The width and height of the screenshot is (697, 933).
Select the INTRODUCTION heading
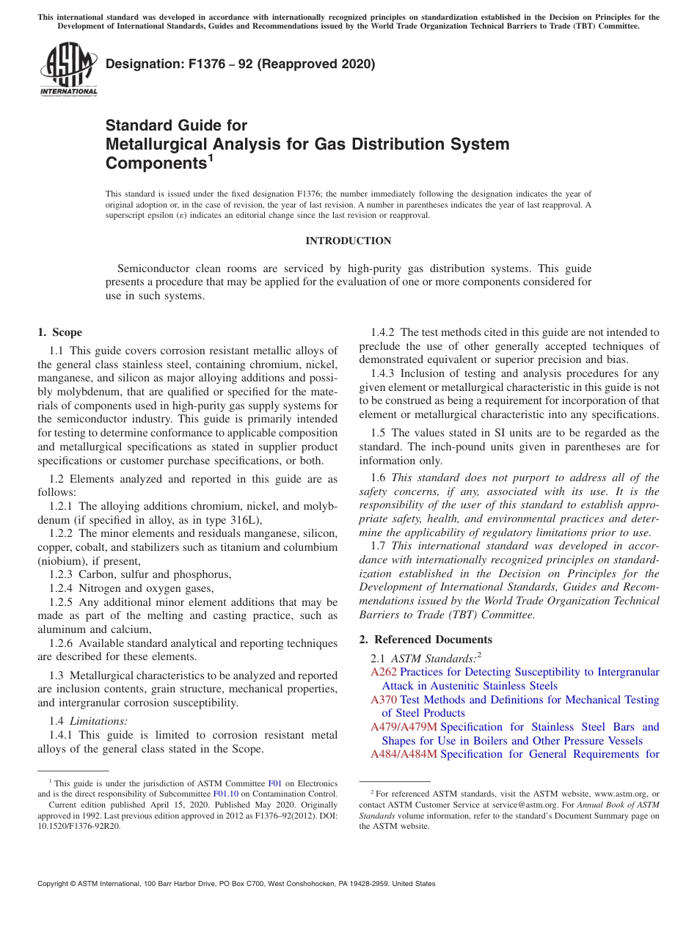348,241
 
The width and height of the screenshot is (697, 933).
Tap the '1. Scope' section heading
60,332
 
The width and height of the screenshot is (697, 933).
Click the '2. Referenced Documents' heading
426,639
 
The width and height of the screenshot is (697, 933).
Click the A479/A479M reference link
404,727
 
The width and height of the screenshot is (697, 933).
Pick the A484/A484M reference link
404,754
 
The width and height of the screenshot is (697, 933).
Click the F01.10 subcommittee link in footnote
225,793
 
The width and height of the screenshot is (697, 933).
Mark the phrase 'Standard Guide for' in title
176,125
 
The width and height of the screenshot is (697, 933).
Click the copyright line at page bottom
236,884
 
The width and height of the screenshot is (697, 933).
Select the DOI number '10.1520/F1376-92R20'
79,825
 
